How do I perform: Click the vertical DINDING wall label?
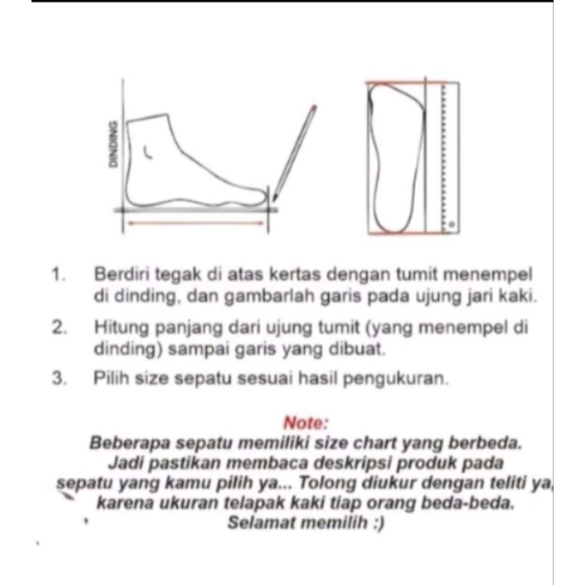click(112, 144)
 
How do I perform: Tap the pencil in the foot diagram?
click(295, 154)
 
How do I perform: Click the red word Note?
click(306, 423)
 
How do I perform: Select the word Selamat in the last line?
click(257, 523)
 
